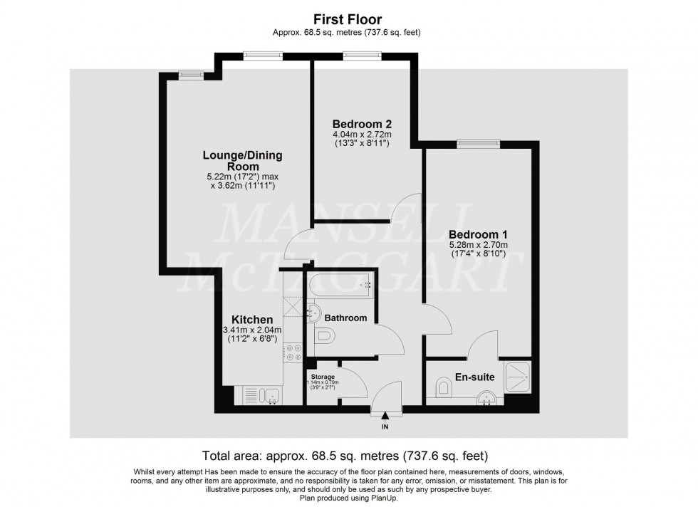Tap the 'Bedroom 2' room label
click(x=363, y=122)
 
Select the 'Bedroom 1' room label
click(x=477, y=234)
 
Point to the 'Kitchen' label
click(x=252, y=320)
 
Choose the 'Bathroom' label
click(x=345, y=318)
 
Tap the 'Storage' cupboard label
click(x=323, y=375)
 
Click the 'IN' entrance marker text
click(x=385, y=427)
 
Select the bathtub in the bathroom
click(x=340, y=287)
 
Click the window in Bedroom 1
click(x=478, y=142)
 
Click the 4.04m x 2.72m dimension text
click(x=363, y=133)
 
